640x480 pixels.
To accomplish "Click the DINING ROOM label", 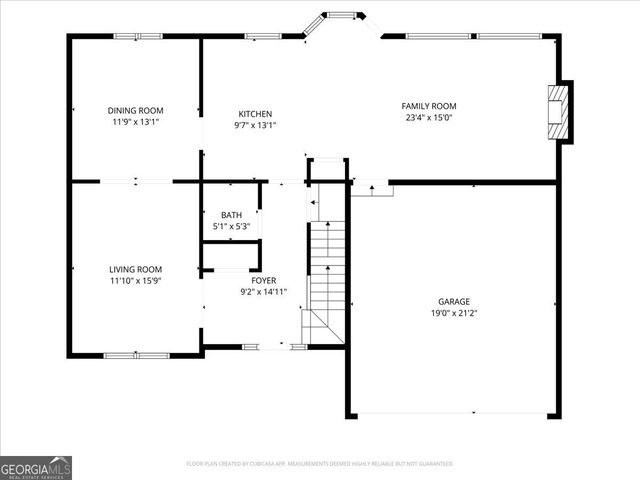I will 136,110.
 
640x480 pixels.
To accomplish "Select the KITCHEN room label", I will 255,114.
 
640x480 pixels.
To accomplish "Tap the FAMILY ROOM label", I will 429,106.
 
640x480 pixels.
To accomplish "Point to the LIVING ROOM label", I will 136,269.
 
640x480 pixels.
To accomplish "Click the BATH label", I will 231,215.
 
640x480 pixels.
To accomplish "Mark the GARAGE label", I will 453,301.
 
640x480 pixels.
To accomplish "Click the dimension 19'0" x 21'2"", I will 453,313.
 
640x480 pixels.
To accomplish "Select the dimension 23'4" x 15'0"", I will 429,118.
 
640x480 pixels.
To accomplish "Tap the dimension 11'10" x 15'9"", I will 136,281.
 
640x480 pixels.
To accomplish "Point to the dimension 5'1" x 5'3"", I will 231,227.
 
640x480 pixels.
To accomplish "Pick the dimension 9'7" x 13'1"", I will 255,126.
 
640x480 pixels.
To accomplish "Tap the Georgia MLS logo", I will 36,468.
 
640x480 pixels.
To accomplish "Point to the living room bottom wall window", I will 137,355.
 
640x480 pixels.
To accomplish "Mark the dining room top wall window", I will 138,37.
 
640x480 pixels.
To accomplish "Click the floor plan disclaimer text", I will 320,464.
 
